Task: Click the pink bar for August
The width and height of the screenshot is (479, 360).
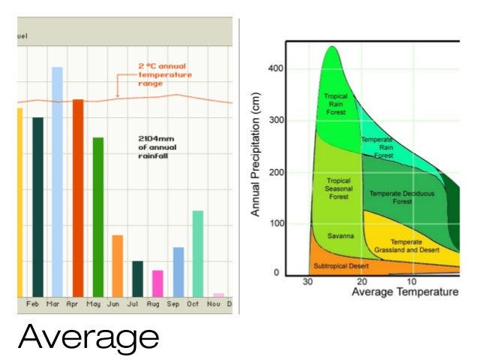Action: [x=158, y=283]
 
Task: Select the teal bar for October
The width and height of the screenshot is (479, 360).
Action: [x=197, y=253]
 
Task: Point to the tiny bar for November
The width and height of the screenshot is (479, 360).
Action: [x=218, y=295]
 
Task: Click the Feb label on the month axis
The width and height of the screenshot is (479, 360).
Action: [x=33, y=304]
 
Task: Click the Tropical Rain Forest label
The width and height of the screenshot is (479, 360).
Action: [x=336, y=104]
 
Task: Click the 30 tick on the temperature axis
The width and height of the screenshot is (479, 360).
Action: [x=308, y=282]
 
